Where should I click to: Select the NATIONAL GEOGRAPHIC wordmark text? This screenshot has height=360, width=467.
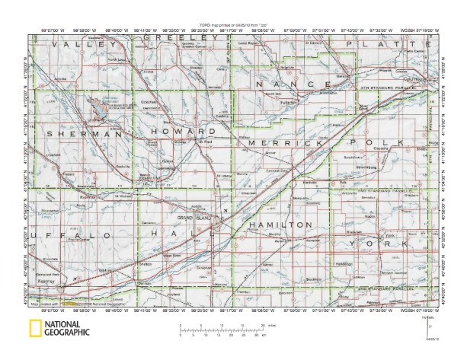69,329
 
